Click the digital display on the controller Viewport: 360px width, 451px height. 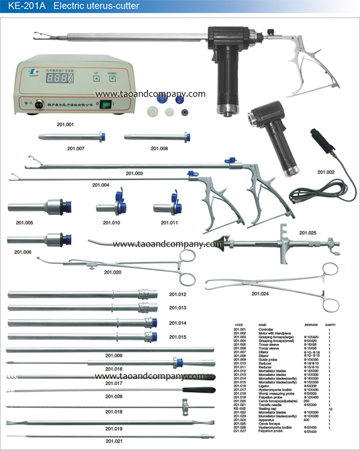58,78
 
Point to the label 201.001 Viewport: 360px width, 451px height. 65,124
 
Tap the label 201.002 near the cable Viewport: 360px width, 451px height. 326,173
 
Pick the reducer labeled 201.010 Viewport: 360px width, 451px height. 111,208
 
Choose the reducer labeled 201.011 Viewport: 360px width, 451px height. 167,208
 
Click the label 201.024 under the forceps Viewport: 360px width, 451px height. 260,294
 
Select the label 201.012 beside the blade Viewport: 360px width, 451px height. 178,294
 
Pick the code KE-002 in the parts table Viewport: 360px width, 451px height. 240,408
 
